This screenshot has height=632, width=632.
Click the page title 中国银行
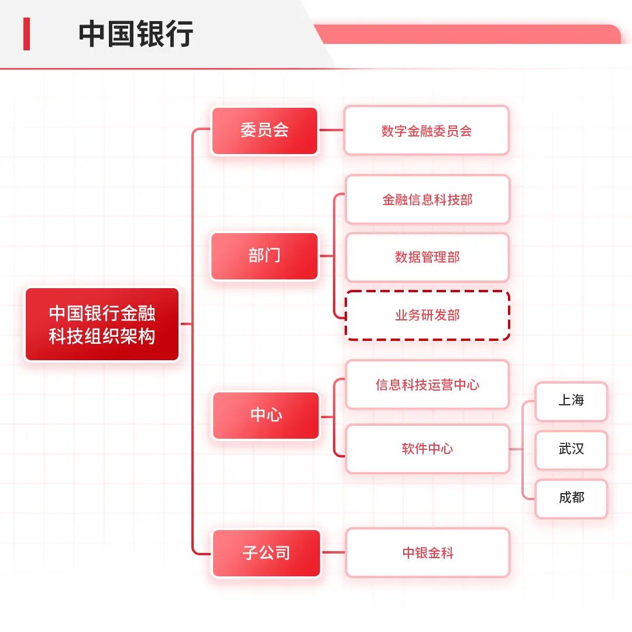(136, 34)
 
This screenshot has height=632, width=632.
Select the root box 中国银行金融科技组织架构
(102, 324)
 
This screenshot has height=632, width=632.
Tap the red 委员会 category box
(265, 131)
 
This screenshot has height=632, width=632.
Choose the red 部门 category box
(265, 256)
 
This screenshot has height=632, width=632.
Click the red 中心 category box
(266, 415)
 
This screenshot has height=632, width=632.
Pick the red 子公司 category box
(266, 553)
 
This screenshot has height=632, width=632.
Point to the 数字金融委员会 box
(427, 131)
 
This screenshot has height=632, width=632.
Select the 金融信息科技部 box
(427, 200)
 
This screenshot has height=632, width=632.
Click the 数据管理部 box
(427, 257)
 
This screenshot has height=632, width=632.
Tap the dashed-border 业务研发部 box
(427, 315)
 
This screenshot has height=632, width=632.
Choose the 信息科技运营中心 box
(427, 385)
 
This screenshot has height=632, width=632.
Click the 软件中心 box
(427, 449)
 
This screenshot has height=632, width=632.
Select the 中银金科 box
(427, 552)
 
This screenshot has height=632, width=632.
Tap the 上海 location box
(571, 401)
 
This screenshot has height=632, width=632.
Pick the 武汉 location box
(571, 449)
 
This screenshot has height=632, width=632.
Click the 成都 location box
(571, 498)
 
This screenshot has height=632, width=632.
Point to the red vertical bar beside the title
(26, 34)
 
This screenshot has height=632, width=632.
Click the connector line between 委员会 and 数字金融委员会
(331, 131)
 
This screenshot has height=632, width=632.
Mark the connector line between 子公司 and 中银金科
(334, 552)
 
